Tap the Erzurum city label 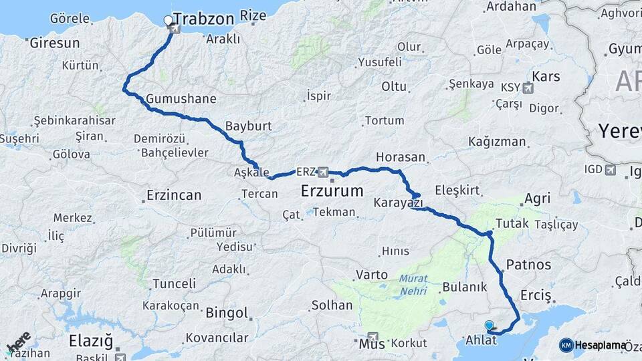click(332, 191)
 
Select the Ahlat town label click(481, 340)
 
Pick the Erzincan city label click(173, 196)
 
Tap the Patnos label click(529, 264)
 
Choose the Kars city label click(546, 76)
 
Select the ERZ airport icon click(324, 172)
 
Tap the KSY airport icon click(529, 88)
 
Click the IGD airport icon click(610, 170)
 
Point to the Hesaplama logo click(594, 345)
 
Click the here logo click(19, 342)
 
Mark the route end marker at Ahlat click(489, 326)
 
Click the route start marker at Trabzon click(169, 21)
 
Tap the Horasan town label click(401, 157)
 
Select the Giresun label click(55, 43)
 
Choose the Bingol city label click(227, 313)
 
